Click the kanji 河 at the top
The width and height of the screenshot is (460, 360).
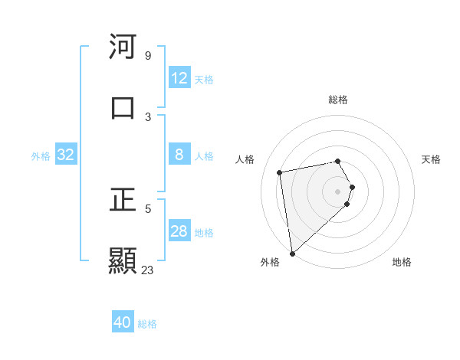(123, 47)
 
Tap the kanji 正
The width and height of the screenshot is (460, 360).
(123, 201)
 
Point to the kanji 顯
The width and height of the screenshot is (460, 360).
(123, 260)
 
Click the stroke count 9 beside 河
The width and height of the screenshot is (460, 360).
(147, 56)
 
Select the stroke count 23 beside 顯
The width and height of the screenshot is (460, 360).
(147, 270)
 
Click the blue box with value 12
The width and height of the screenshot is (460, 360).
(179, 78)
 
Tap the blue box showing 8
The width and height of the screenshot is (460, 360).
(179, 155)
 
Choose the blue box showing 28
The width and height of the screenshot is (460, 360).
(179, 231)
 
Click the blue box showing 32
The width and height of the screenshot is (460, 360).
(66, 155)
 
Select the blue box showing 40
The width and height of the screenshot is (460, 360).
(123, 322)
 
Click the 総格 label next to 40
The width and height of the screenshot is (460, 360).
(147, 324)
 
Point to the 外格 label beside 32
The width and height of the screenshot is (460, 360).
(41, 156)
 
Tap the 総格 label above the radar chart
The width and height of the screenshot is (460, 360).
(338, 100)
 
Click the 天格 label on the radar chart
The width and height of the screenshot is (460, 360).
(431, 159)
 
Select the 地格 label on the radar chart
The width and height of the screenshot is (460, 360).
(402, 262)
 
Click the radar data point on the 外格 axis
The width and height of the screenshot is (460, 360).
(292, 253)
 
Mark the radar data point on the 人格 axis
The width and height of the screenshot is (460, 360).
(280, 172)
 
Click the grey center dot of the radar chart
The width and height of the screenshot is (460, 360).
(338, 190)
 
